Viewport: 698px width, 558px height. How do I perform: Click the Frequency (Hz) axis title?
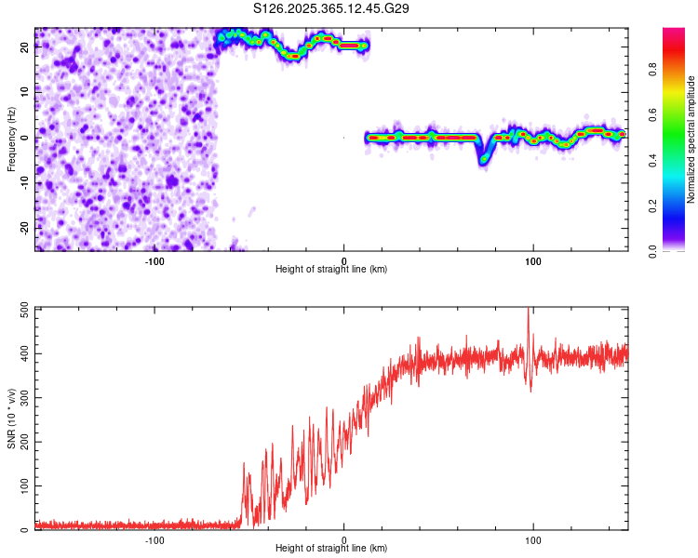[x=11, y=139]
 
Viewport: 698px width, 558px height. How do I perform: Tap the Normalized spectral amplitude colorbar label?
[x=691, y=139]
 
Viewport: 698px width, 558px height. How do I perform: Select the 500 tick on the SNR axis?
[x=20, y=307]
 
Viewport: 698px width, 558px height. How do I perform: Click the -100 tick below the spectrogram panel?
[x=154, y=260]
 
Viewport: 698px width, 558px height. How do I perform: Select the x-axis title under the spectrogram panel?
[x=332, y=270]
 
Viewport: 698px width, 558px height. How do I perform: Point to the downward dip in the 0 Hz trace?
[x=483, y=158]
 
